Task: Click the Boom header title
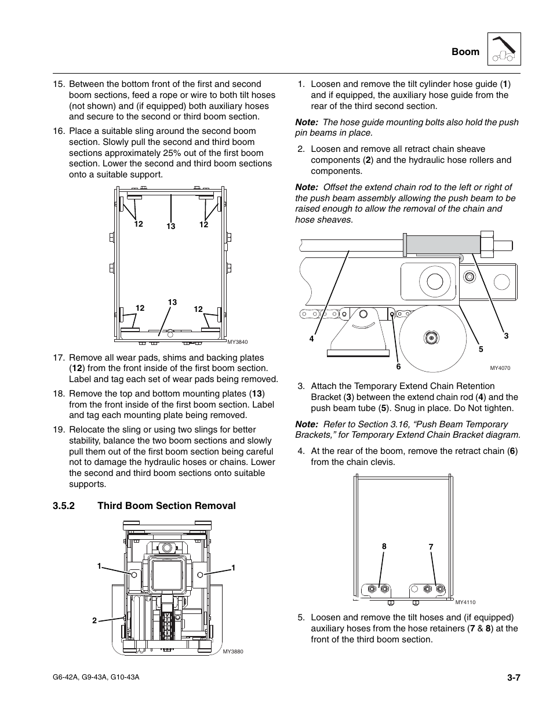(465, 52)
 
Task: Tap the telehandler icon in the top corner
(504, 49)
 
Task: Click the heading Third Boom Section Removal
(166, 506)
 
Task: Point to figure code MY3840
(237, 342)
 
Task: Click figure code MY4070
(500, 368)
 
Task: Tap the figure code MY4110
(465, 602)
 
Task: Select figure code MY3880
(233, 652)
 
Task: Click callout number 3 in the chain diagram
(505, 336)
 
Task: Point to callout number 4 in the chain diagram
(311, 339)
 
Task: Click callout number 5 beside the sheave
(481, 349)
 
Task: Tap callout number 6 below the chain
(398, 367)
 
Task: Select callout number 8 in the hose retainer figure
(384, 547)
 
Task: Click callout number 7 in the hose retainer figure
(431, 547)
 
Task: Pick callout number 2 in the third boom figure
(94, 621)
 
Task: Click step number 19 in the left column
(58, 430)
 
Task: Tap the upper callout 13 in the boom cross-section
(170, 227)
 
